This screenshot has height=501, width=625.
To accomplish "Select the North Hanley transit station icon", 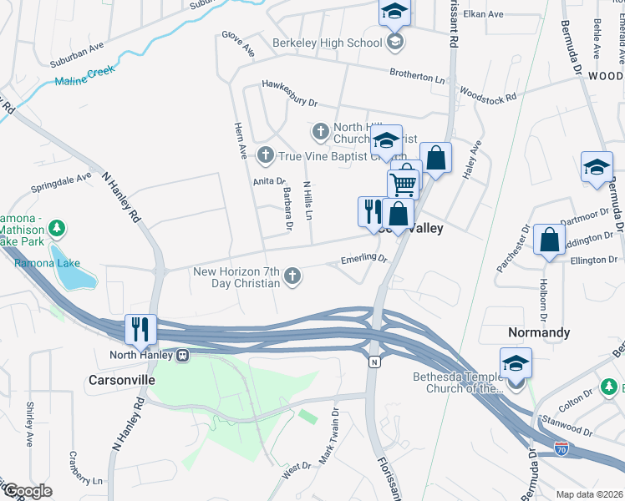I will [180, 355].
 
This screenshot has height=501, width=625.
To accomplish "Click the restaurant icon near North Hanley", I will [140, 328].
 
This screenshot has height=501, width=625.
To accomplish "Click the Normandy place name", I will [539, 332].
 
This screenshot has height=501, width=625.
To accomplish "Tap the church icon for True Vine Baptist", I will [265, 154].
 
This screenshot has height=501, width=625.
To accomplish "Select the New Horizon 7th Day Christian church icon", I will [292, 276].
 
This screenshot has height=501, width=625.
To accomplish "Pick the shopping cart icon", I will [403, 182].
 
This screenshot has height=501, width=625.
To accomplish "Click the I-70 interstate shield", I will [562, 449].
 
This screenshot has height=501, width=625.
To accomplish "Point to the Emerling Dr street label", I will [364, 260].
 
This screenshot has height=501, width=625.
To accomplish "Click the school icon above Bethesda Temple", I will [516, 364].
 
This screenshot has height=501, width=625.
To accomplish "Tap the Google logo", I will [27, 491].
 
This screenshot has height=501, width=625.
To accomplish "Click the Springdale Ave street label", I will [61, 181].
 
